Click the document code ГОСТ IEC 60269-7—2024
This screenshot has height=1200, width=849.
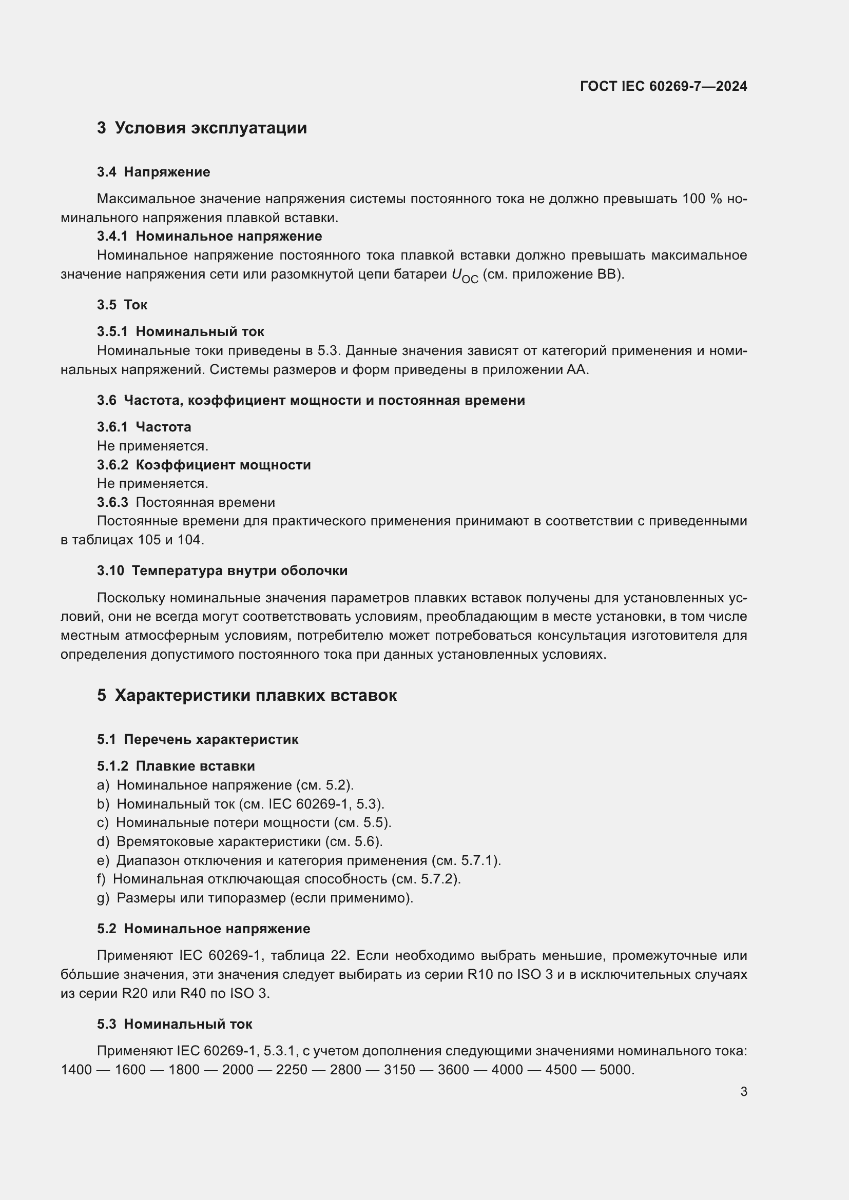(663, 86)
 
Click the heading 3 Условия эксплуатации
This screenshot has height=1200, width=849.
(202, 128)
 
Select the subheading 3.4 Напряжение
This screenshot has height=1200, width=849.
(153, 172)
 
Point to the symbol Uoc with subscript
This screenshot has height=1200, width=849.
(464, 276)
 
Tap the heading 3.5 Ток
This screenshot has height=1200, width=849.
(122, 305)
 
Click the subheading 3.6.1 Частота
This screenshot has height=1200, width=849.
(144, 427)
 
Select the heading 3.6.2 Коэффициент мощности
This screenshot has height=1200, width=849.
(203, 465)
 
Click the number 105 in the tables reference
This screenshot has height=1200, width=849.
(149, 540)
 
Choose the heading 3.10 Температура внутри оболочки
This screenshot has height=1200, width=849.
(222, 571)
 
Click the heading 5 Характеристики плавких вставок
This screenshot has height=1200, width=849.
(247, 696)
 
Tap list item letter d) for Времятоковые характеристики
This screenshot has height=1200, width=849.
(103, 841)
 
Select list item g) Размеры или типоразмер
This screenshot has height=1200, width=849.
(255, 898)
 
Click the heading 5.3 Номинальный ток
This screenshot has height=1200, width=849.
(174, 1024)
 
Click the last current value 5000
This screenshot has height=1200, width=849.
(615, 1070)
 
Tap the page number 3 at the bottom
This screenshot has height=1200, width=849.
(743, 1092)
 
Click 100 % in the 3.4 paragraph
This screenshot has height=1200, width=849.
(702, 199)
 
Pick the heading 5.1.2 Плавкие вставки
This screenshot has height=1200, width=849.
(176, 766)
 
